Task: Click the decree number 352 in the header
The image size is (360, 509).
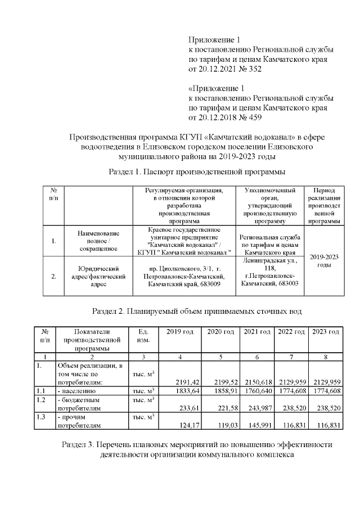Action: [x=254, y=69]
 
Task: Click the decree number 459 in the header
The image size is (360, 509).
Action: [x=254, y=118]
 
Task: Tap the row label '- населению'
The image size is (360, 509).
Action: [x=77, y=390]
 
